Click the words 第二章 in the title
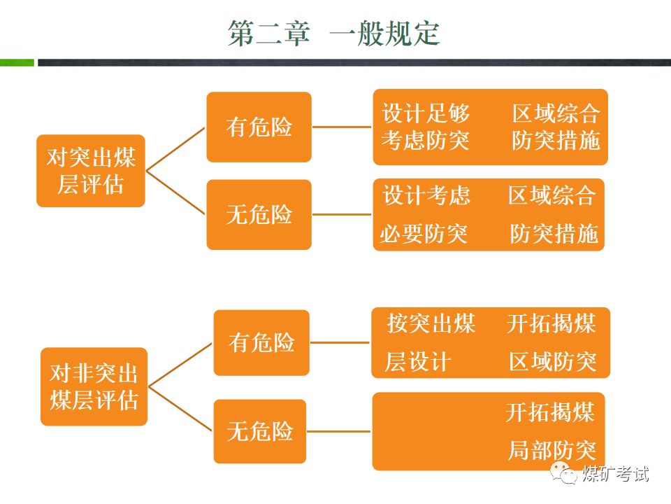tap(268, 34)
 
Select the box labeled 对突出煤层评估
tap(91, 171)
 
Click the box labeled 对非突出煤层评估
tap(94, 386)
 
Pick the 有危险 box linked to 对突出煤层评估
tap(259, 127)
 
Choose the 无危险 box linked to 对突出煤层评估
tap(259, 214)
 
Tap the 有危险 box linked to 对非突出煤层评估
tap(261, 342)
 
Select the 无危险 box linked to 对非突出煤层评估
tap(260, 431)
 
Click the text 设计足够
tap(426, 114)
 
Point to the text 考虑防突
tap(426, 141)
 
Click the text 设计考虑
tap(426, 195)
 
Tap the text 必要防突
tap(424, 233)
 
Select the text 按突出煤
tap(431, 324)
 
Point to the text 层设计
tap(418, 362)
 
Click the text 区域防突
tap(553, 362)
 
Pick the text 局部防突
tap(552, 451)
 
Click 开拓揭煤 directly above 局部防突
tap(551, 413)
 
